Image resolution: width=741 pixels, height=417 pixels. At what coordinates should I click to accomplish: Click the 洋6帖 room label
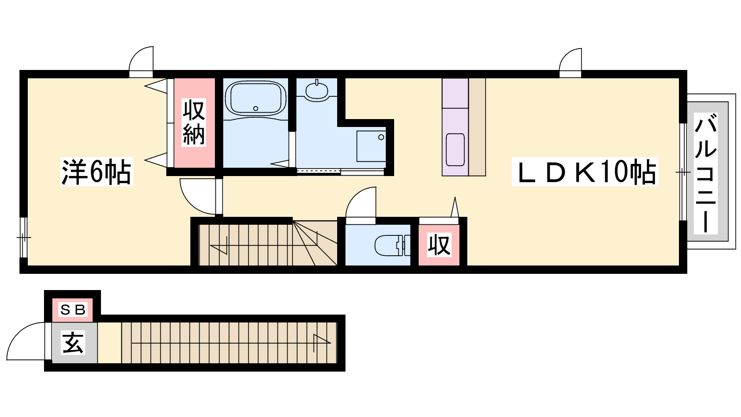point(96,171)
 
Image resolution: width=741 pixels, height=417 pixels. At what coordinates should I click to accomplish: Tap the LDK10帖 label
point(585,171)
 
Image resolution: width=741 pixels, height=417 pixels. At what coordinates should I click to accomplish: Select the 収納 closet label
point(194,122)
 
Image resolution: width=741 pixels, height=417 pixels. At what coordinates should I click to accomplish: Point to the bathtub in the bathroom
point(255,99)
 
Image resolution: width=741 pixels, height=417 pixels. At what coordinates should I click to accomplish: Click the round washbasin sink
point(317,90)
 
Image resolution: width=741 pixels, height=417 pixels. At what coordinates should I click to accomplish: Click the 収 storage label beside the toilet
point(439,245)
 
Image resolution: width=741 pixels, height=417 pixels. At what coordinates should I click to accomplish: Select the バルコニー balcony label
point(706,173)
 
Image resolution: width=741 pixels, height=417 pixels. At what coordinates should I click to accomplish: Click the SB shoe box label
point(73,310)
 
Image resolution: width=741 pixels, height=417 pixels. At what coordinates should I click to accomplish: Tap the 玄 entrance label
point(73,342)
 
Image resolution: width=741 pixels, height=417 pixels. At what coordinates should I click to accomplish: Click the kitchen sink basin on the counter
point(455,150)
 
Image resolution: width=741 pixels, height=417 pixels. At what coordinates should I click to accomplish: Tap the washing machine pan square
point(371,146)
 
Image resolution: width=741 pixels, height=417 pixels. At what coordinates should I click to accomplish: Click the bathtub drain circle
point(255,108)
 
